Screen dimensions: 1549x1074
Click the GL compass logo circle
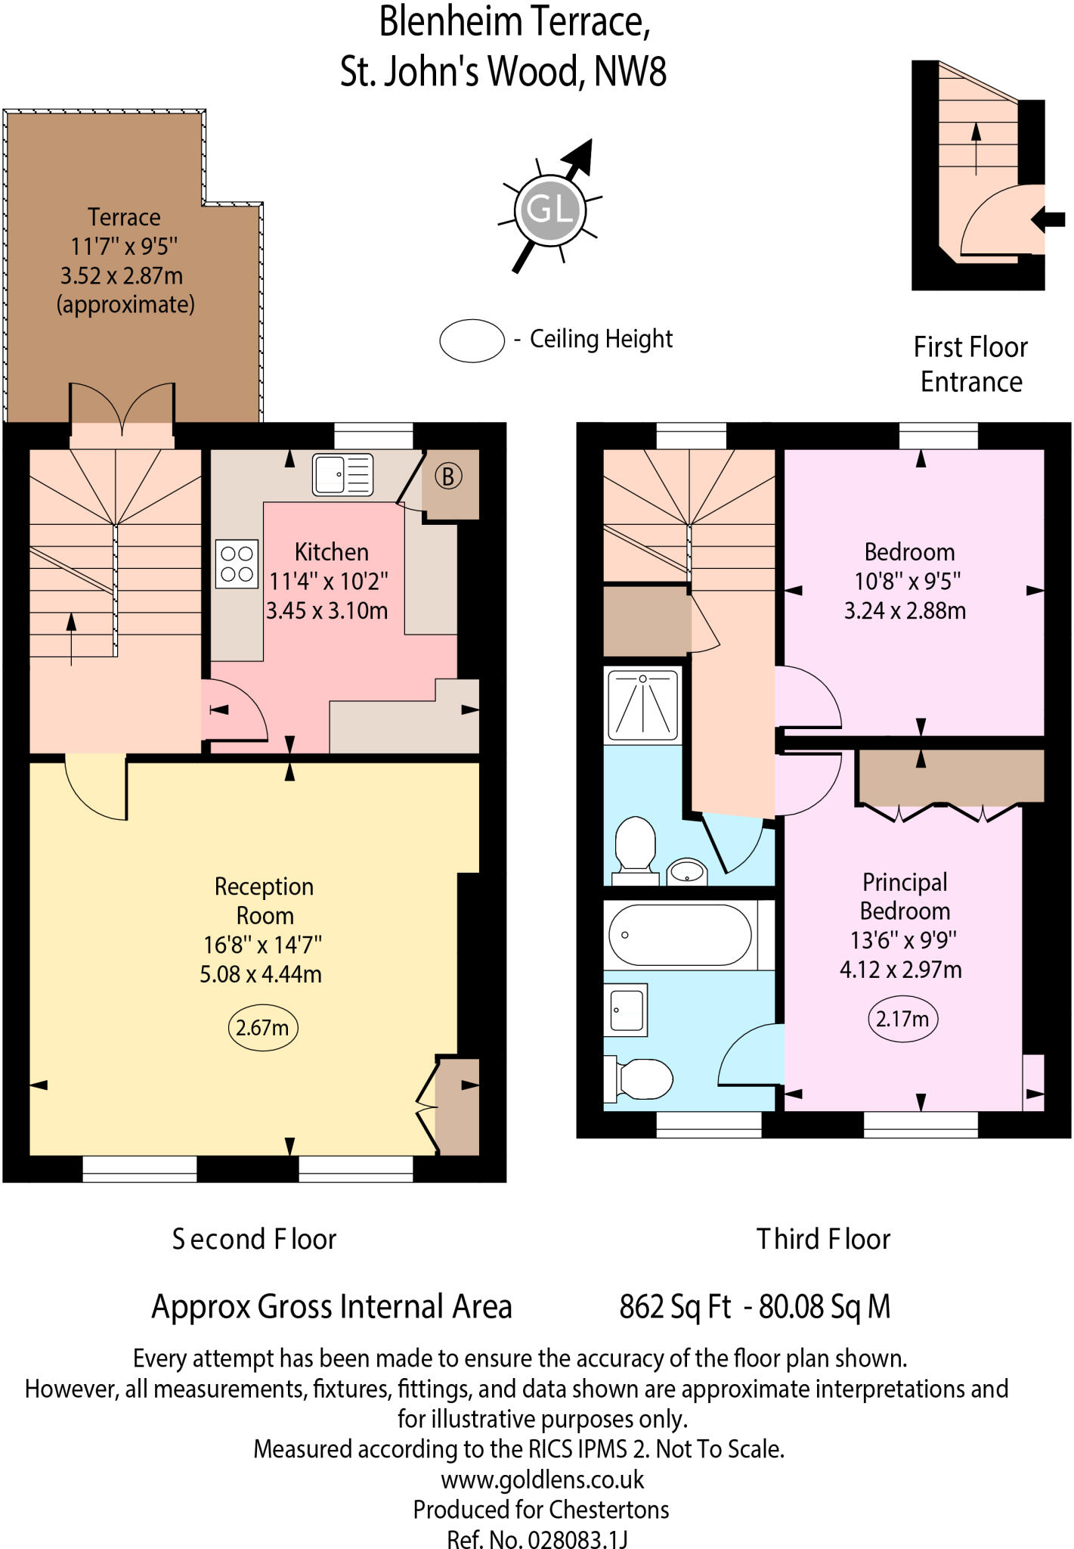549,210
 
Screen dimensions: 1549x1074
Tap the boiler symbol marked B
447,476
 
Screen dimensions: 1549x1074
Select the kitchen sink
342,475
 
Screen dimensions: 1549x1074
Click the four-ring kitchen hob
237,563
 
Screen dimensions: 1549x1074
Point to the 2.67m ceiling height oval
262,1028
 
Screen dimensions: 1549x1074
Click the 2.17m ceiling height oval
902,1019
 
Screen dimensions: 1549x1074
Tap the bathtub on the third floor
680,936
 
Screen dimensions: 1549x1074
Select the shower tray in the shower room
642,705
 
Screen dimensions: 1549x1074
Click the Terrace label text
124,218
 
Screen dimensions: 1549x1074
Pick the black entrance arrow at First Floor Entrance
1048,220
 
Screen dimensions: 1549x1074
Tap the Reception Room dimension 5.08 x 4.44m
261,974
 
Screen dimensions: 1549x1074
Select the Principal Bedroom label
905,896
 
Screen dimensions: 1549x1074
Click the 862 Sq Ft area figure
675,1307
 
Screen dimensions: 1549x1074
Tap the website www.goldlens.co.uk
542,1479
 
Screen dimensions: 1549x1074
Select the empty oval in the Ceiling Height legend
472,340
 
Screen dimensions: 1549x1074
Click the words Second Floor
254,1239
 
